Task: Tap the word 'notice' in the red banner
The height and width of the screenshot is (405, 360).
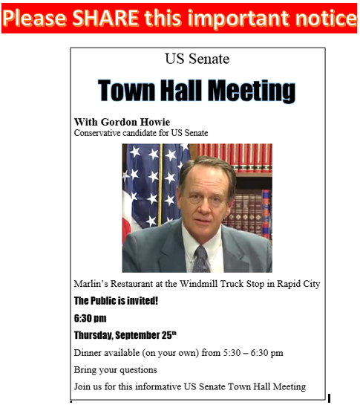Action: click(321, 18)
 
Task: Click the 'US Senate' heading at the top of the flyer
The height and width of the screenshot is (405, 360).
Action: click(197, 59)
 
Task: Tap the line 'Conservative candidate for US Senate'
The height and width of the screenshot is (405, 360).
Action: click(141, 133)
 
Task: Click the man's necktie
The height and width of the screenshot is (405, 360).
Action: click(202, 259)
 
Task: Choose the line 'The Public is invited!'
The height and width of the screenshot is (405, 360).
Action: click(116, 301)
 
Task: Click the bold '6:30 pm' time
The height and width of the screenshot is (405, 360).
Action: click(90, 318)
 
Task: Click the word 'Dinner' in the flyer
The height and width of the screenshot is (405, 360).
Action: click(91, 352)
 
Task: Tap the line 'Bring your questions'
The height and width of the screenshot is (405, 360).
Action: click(117, 369)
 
